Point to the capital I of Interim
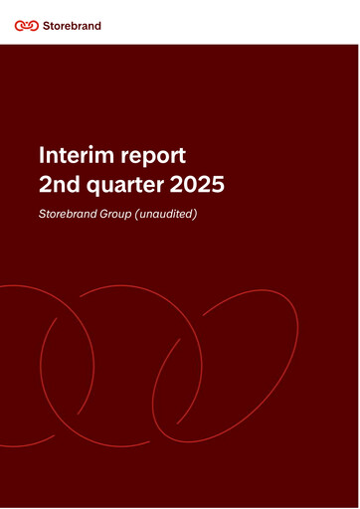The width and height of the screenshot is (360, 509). click(x=42, y=156)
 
